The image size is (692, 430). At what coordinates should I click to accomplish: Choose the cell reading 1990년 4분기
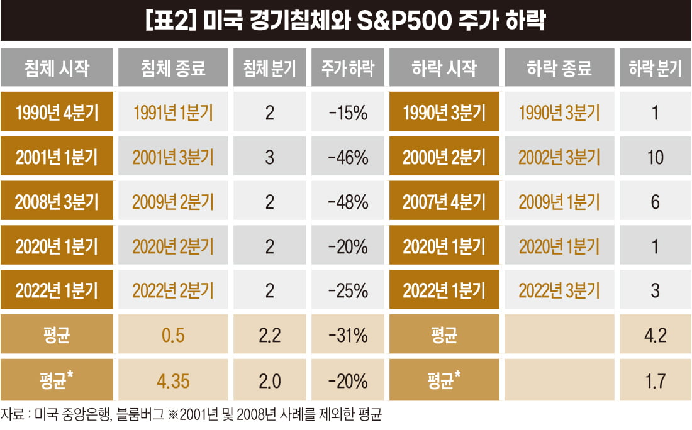coord(57,113)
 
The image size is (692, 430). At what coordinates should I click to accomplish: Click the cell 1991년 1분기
coord(172,113)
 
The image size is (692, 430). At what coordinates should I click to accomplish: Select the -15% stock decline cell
coord(348,113)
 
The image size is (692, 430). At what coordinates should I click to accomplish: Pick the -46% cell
coord(348,157)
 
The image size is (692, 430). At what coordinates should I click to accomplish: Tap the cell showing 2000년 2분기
coord(444,157)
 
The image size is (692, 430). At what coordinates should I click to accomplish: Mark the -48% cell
coord(348,202)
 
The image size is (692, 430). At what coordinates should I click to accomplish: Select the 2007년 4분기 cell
coord(444,202)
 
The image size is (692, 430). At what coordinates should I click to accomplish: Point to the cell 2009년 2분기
coord(172,202)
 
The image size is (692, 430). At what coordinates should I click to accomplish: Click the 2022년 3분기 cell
coord(559,291)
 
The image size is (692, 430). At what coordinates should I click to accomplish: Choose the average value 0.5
coord(172,336)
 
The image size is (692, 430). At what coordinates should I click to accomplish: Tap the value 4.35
coord(172,380)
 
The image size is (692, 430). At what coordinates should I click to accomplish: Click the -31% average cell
coord(348,336)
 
